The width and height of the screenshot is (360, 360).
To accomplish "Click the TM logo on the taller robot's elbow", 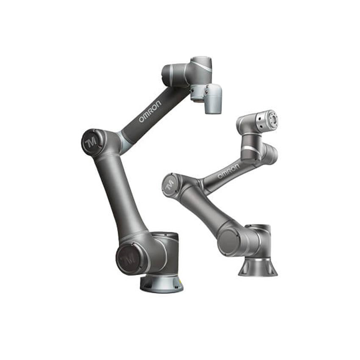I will pos(91,142).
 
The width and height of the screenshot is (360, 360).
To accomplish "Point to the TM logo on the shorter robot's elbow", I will pos(169,186).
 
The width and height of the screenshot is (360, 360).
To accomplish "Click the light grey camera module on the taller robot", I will pos(213,98).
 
